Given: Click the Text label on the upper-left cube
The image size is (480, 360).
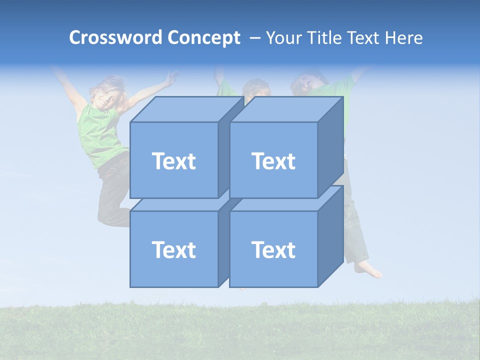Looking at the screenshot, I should [173, 161].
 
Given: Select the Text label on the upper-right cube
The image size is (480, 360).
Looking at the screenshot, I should [273, 161].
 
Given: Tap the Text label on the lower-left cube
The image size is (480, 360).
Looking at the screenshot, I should [173, 249].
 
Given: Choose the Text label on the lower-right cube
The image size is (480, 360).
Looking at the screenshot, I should [273, 249].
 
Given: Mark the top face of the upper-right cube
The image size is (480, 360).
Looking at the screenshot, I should [285, 109].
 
